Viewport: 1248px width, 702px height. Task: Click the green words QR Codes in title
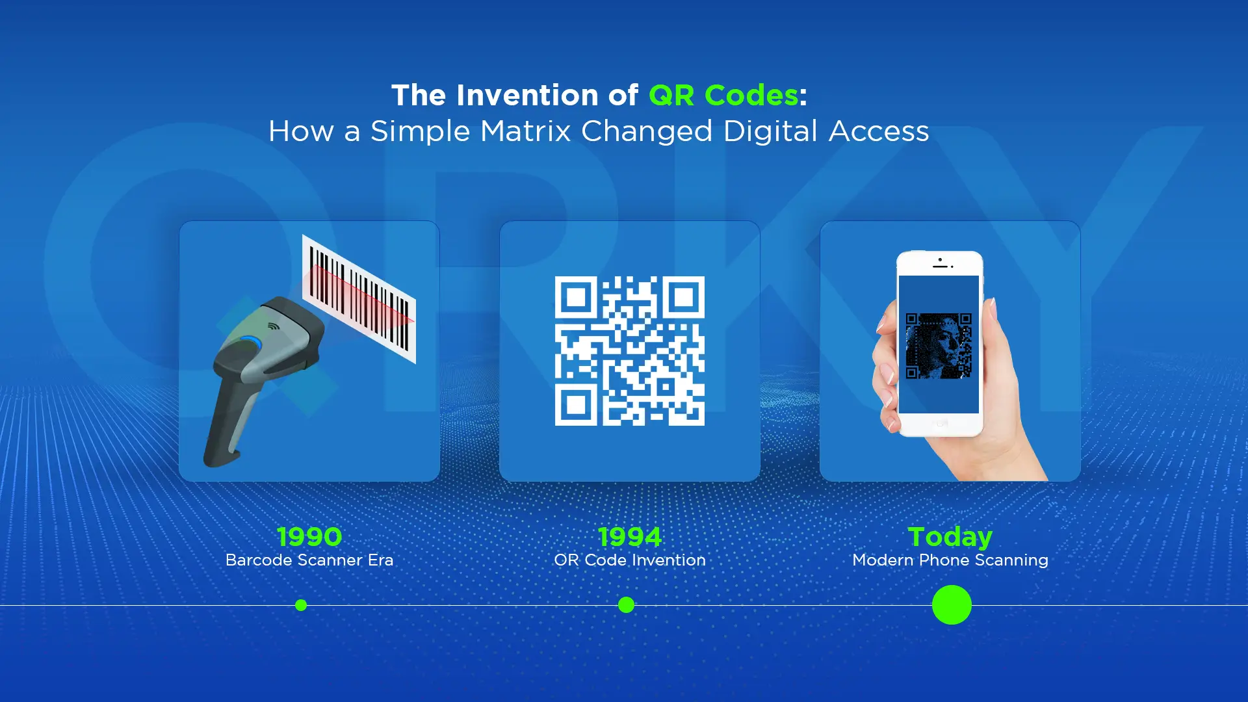[x=723, y=96]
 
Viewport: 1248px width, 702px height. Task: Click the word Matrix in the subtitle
[x=526, y=131]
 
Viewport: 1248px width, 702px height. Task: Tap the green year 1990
[x=309, y=537]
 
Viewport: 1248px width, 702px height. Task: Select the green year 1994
[x=629, y=537]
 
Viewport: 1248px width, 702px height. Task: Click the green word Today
[x=950, y=537]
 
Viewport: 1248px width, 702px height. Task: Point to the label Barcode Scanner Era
[x=309, y=560]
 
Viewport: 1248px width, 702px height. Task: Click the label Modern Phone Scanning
[x=950, y=560]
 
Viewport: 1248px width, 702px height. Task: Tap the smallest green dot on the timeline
[x=301, y=605]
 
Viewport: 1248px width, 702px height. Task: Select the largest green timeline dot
[x=952, y=604]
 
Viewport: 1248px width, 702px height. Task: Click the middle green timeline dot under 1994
[x=626, y=605]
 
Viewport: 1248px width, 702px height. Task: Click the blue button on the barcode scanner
[x=250, y=342]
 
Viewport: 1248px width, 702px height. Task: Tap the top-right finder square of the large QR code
[x=683, y=298]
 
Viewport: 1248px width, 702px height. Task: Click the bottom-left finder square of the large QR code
[x=576, y=404]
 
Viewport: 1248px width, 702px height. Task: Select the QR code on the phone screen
[x=939, y=346]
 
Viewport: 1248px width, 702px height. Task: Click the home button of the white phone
[x=940, y=424]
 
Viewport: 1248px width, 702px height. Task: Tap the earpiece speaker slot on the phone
[x=940, y=266]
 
